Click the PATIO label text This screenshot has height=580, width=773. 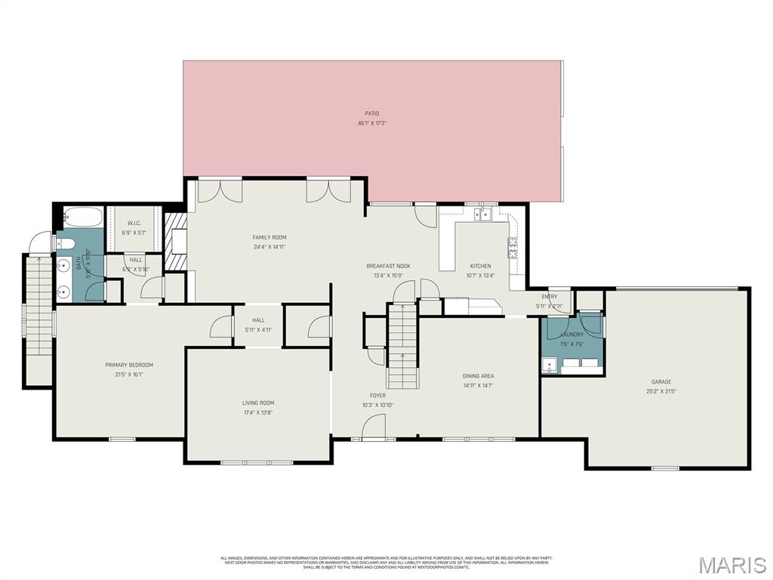coord(371,113)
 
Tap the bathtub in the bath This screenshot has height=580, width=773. coord(79,217)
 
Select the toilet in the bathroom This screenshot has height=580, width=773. coord(65,243)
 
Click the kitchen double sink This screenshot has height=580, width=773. coord(481,215)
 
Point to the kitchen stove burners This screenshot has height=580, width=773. coord(513,248)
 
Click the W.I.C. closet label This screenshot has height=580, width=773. coord(134,223)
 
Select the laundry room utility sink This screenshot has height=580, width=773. coord(549,366)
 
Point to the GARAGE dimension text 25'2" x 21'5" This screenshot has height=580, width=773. coord(661,391)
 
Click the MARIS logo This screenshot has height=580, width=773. coord(731,563)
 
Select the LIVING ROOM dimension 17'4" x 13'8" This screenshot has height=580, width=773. coord(257,412)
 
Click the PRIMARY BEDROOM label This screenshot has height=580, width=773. coord(129,365)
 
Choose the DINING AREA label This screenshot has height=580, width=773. coord(478,375)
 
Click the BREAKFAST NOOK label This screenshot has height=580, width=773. coord(388,266)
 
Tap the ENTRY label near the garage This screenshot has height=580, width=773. coord(549,297)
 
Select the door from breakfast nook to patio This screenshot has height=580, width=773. coord(426,216)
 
